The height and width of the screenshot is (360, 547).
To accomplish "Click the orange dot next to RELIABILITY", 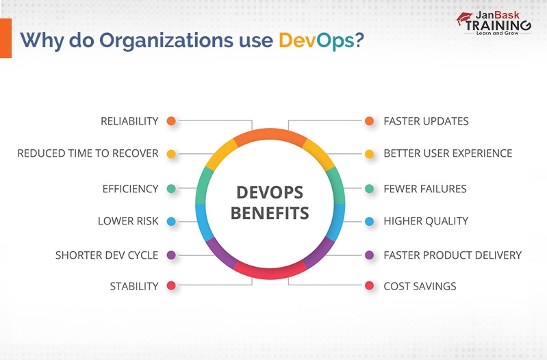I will click(x=171, y=121).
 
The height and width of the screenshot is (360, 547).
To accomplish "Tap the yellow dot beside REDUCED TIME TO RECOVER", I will click(x=171, y=154).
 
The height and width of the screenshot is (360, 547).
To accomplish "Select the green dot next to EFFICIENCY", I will click(x=171, y=188).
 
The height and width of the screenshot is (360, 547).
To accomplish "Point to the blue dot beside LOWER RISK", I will click(x=171, y=221).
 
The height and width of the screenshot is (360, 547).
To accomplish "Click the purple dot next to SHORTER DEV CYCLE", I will click(x=171, y=255).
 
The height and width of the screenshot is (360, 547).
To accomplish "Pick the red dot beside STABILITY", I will click(x=171, y=286).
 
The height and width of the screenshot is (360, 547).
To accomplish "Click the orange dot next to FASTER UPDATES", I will click(x=370, y=121).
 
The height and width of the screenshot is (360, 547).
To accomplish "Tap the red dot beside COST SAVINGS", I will click(x=370, y=286).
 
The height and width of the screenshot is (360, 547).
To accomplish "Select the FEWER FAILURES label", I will click(x=424, y=188).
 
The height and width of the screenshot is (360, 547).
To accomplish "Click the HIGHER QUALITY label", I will click(x=426, y=221).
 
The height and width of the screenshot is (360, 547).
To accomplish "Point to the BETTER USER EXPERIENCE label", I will click(x=448, y=154).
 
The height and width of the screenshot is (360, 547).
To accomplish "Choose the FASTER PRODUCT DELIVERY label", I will click(x=453, y=255).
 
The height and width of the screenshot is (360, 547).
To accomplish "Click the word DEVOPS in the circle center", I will click(x=270, y=192).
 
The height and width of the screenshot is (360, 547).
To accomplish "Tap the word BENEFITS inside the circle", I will click(x=270, y=213).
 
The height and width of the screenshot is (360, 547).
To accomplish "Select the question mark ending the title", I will click(x=359, y=40).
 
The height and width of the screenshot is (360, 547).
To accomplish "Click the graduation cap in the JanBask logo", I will click(x=465, y=18).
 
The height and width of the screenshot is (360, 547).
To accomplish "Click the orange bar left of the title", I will click(x=5, y=38).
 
